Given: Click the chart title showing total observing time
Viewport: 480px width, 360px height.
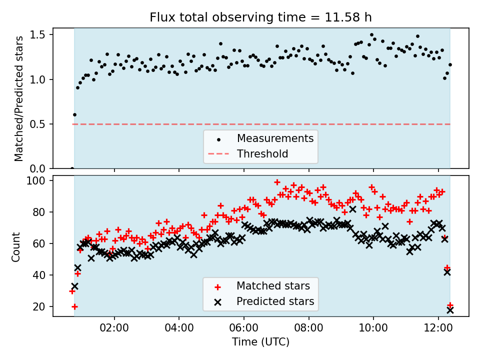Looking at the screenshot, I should tap(260, 18).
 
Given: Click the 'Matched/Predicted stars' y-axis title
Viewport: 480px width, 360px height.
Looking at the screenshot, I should tap(19, 98).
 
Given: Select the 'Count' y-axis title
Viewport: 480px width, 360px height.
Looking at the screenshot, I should tap(16, 246).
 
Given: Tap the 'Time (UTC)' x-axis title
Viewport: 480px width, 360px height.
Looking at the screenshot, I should tap(260, 342).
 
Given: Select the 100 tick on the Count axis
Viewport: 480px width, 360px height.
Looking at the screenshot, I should tap(38, 180).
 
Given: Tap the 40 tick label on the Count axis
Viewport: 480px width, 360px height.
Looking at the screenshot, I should tap(41, 275).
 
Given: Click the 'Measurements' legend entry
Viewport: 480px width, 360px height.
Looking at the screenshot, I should tap(275, 138).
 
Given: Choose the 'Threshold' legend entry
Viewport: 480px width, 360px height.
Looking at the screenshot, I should tap(262, 153).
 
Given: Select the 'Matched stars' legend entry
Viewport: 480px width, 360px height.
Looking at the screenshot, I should tap(273, 286).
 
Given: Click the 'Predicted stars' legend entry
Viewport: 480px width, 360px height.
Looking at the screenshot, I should tap(275, 301).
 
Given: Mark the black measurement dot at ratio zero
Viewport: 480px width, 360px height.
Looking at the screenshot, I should tap(72, 168).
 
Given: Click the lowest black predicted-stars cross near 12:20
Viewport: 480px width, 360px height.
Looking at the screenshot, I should tap(450, 310).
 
